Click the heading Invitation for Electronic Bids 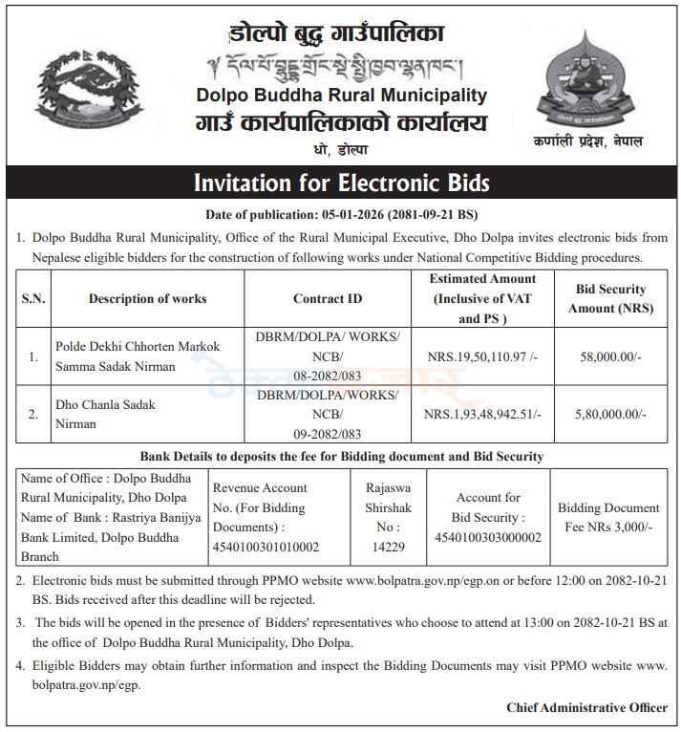[341, 182]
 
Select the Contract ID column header [328, 299]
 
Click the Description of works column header [148, 299]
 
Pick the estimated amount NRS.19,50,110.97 [482, 356]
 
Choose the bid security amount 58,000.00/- [611, 356]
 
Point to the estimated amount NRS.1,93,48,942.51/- [482, 414]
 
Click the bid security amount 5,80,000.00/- [611, 414]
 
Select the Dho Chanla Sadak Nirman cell [105, 414]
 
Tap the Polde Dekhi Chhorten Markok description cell [138, 355]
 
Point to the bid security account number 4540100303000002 [488, 537]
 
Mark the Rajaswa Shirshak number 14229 [389, 547]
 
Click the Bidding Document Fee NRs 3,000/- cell [608, 517]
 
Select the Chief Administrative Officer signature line [587, 707]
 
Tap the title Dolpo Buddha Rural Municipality [341, 96]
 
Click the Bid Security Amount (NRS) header [611, 299]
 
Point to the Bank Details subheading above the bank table [341, 457]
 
